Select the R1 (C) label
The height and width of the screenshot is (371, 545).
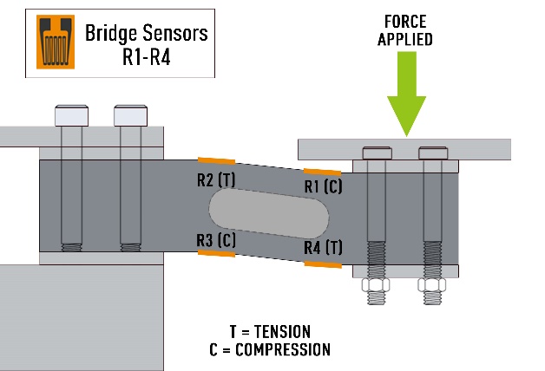(324, 185)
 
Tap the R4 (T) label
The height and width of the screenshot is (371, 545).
(323, 248)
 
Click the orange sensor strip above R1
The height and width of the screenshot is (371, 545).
(322, 172)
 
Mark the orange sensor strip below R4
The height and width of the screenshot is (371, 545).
(323, 264)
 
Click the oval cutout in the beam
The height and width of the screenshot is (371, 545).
(268, 212)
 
